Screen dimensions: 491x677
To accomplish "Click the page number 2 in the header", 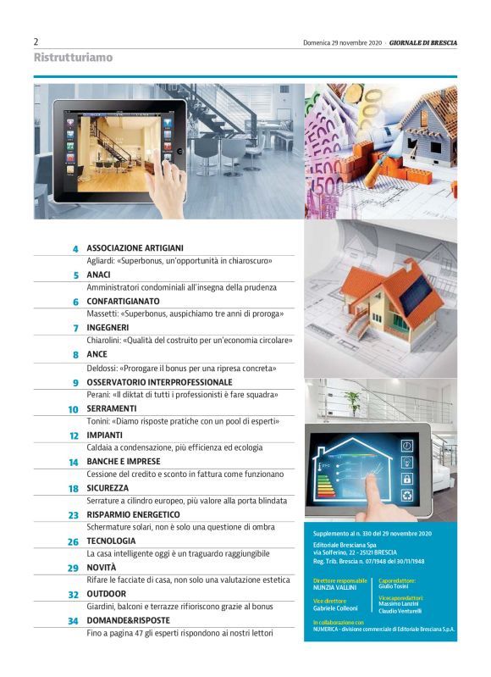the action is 36,42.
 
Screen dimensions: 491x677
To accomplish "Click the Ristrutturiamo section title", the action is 73,58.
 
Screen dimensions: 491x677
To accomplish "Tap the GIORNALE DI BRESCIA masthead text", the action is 422,42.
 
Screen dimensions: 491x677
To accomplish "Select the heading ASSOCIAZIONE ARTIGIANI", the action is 135,248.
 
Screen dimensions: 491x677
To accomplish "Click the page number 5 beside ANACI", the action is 76,275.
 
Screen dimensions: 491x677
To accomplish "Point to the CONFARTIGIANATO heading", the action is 123,302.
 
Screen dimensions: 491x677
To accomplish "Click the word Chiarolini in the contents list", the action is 102,341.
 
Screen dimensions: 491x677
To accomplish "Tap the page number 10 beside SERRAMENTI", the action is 74,409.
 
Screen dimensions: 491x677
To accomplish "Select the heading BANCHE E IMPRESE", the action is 124,462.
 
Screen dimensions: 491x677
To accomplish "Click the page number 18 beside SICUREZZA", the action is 74,489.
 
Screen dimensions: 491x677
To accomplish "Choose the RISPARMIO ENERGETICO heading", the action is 133,514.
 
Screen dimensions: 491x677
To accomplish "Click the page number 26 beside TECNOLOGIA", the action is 74,542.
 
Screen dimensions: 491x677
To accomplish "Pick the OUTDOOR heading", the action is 107,594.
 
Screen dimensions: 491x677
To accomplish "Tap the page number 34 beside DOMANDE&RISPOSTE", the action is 74,621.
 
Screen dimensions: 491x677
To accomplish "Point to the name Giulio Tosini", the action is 394,586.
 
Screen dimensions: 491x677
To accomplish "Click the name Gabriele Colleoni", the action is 335,608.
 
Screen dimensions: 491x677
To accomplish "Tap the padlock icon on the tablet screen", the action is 406,479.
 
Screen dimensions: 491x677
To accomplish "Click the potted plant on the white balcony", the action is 354,402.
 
